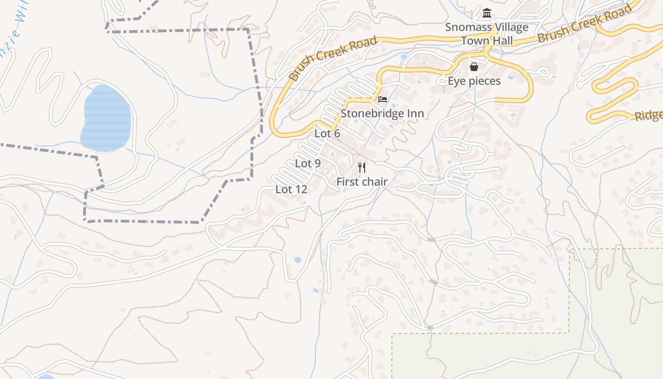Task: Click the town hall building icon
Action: (x=486, y=13)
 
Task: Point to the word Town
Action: (x=475, y=41)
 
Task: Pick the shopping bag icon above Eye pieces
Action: (x=474, y=67)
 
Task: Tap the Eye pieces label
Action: (x=474, y=81)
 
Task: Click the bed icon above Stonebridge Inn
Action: (x=383, y=99)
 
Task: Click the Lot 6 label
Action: (x=327, y=134)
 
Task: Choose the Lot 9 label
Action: (x=308, y=164)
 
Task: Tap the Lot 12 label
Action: (x=292, y=189)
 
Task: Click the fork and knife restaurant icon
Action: (x=362, y=167)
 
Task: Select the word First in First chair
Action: (x=348, y=182)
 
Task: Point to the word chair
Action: (x=375, y=182)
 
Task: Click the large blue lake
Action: (x=106, y=118)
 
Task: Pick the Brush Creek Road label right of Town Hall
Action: (x=585, y=24)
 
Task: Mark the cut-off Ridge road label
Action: (x=649, y=116)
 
